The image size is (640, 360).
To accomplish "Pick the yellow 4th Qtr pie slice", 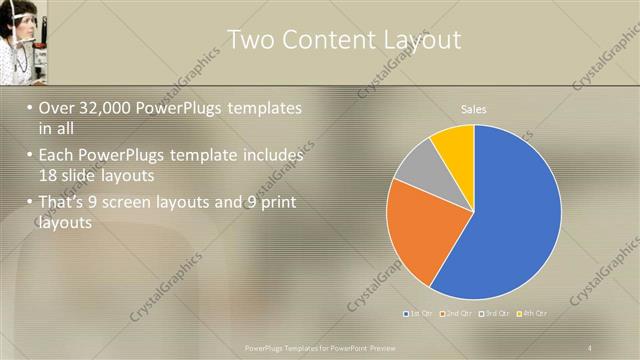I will pos(454,146).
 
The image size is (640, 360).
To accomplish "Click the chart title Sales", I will pos(473,109).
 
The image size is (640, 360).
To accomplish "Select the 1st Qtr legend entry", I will pos(420,313).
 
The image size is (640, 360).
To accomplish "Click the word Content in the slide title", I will pos(318,40).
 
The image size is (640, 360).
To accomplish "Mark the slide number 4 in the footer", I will pos(590,347).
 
